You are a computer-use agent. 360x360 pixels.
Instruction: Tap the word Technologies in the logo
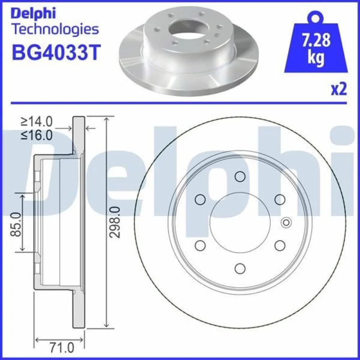point(55,29)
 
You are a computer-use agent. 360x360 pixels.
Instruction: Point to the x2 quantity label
point(338,89)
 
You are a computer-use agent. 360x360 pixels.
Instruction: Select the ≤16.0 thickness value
point(37,135)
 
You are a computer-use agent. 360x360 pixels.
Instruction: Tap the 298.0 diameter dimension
point(115,222)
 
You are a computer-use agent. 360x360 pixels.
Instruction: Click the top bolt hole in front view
point(240,176)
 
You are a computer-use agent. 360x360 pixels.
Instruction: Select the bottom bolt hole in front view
point(240,268)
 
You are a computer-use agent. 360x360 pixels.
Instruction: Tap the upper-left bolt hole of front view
point(200,199)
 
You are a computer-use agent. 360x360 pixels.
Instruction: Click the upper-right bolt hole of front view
point(280,199)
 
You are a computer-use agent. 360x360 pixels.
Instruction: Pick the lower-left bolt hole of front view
point(200,245)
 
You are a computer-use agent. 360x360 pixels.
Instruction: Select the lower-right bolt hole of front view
point(280,245)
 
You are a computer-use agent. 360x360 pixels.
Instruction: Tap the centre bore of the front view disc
point(240,222)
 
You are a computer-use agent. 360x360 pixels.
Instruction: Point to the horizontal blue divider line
point(180,104)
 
